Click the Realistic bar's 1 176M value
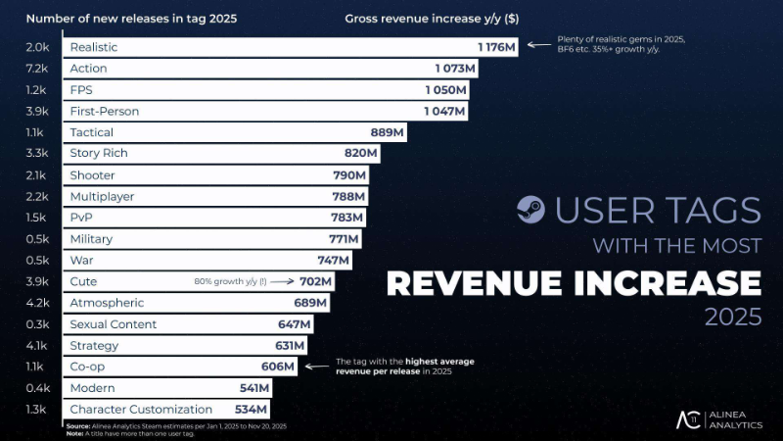(496, 47)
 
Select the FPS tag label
(82, 90)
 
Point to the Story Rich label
(99, 154)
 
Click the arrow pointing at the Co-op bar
(316, 367)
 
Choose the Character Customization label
(141, 410)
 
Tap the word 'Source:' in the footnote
(78, 425)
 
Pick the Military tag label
(91, 239)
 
